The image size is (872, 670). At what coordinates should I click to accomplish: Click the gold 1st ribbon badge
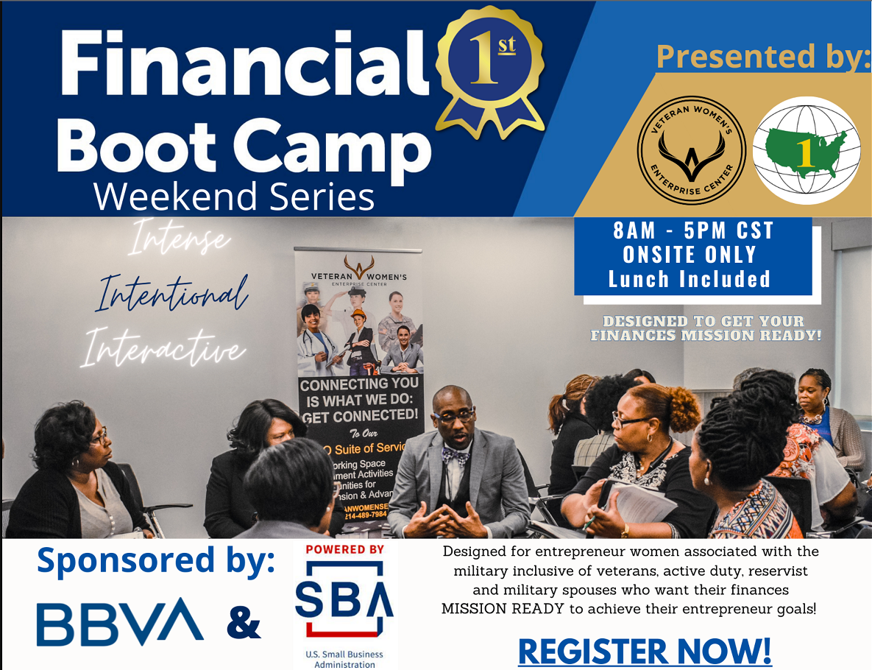click(x=489, y=70)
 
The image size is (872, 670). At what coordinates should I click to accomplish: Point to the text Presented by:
click(x=762, y=56)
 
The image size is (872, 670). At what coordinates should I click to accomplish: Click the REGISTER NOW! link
click(x=645, y=652)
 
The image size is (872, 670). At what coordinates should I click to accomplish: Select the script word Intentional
click(x=171, y=294)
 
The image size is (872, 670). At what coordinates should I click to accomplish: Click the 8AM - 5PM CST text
click(x=694, y=231)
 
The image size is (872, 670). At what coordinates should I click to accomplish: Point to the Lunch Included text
click(x=689, y=279)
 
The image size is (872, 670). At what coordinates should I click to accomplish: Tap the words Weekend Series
click(x=234, y=197)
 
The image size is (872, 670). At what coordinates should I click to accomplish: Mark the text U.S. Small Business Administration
click(x=344, y=659)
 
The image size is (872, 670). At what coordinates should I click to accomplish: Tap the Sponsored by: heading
click(x=156, y=561)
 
